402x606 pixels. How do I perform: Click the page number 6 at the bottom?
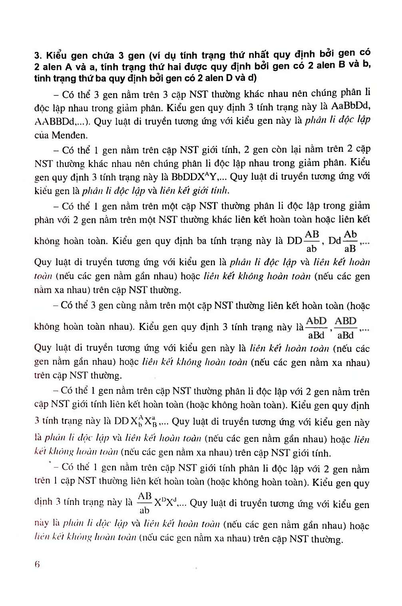[37, 565]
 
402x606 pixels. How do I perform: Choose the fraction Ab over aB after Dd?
[350, 241]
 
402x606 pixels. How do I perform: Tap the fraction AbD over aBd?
[316, 328]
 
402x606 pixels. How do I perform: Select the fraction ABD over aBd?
[346, 328]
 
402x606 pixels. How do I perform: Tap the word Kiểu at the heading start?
[56, 56]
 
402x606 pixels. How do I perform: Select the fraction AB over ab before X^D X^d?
[144, 503]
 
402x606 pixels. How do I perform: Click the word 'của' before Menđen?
[42, 135]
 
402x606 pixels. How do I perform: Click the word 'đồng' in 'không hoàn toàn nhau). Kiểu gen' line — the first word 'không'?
[47, 327]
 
